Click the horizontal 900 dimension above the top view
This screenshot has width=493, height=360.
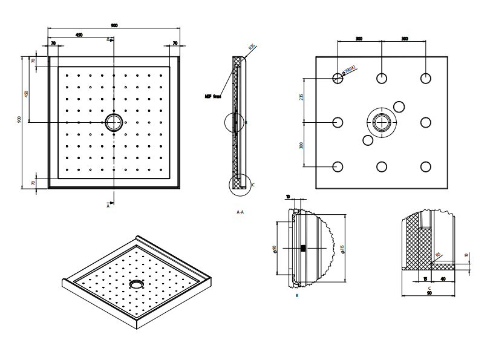[114, 25]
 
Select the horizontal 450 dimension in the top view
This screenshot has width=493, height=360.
[79, 35]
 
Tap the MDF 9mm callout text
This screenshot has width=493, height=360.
[214, 96]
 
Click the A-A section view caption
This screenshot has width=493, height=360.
[240, 212]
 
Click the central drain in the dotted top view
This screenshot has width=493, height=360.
[113, 122]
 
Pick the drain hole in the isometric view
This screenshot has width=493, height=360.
[137, 283]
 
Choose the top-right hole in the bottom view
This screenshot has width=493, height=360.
[426, 78]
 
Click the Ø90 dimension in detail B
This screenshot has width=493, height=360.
[275, 249]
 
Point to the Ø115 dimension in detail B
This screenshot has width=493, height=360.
[342, 248]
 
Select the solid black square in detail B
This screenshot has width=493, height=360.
[302, 248]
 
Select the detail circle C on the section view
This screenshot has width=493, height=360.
[238, 184]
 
